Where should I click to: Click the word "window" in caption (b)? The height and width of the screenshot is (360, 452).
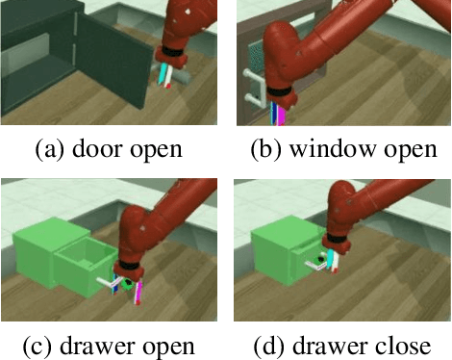coord(330,150)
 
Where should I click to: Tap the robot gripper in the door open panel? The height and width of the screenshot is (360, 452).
coord(171,76)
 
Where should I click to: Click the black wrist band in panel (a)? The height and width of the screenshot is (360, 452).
coord(171,51)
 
